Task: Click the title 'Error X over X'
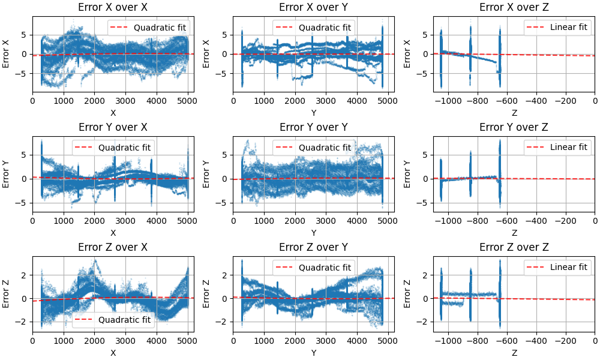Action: [113, 7]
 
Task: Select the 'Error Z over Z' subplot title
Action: [514, 247]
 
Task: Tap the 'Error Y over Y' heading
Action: [313, 127]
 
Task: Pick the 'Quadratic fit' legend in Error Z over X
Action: [113, 320]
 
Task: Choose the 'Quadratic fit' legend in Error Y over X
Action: [113, 147]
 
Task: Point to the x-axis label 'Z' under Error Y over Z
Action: [514, 233]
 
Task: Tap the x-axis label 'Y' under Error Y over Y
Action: [313, 233]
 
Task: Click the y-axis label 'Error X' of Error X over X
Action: [6, 54]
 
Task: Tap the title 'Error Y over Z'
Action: [514, 127]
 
